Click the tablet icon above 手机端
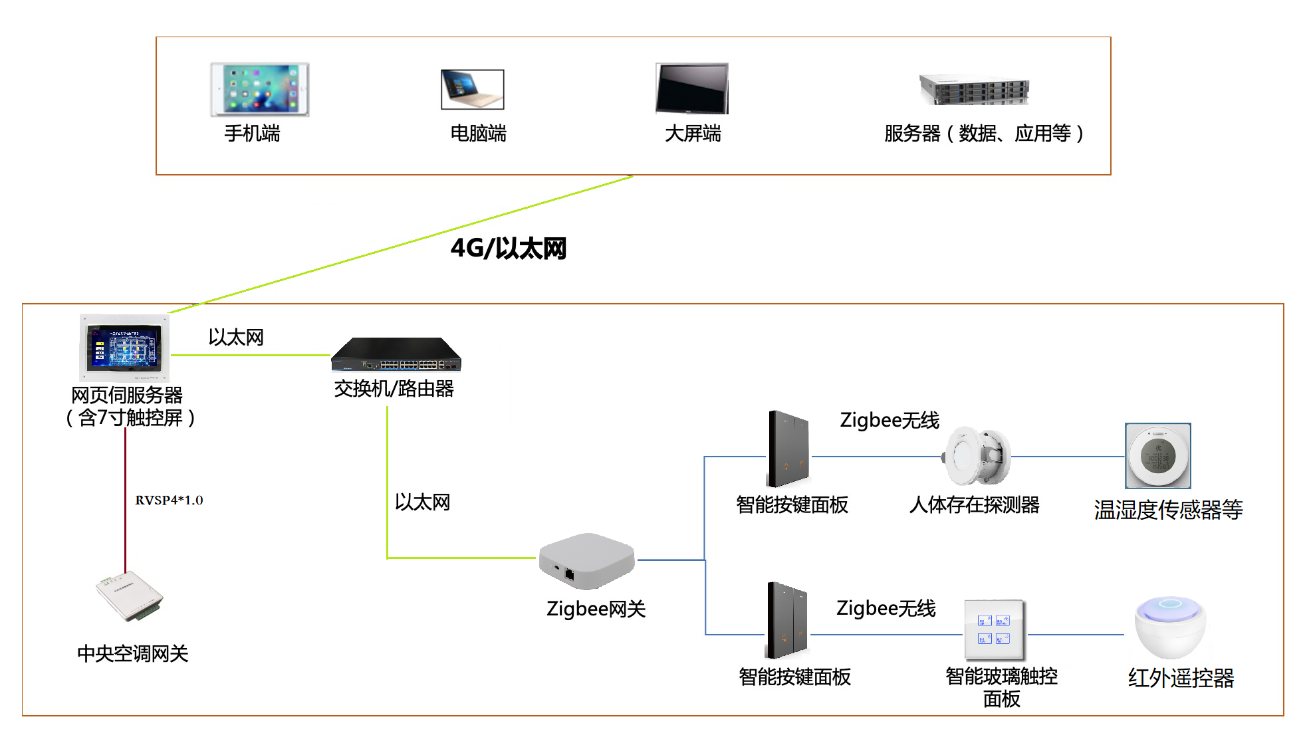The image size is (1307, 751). (x=260, y=90)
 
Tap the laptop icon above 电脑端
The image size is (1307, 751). (x=472, y=89)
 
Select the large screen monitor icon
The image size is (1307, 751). (x=692, y=88)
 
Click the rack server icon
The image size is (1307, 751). (x=974, y=90)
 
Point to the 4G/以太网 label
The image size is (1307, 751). (x=509, y=249)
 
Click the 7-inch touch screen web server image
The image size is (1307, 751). (x=125, y=348)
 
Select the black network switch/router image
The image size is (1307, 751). (x=396, y=354)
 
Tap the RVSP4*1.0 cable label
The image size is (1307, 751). (x=169, y=500)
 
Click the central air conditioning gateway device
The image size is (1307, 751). (x=130, y=596)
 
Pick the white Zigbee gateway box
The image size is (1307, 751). (x=586, y=561)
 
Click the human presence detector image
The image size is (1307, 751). (x=976, y=456)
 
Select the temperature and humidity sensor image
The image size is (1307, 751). (x=1157, y=456)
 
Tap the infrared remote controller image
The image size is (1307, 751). (x=1170, y=627)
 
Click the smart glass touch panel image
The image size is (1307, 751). (x=995, y=629)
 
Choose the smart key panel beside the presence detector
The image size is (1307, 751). (x=789, y=450)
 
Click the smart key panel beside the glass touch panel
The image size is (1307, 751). (x=787, y=620)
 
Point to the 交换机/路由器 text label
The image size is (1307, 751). (x=394, y=389)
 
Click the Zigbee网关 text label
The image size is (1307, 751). (x=596, y=609)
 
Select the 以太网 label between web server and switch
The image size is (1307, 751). (x=236, y=338)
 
